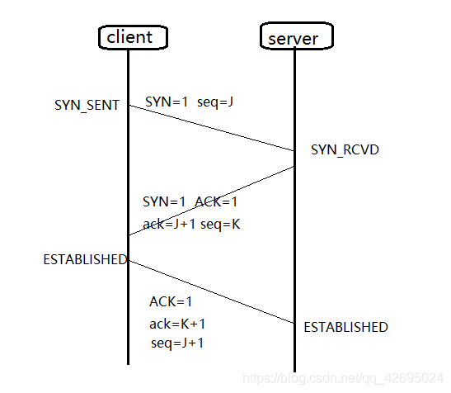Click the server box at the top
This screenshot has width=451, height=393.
click(294, 39)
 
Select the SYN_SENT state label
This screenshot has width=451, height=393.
click(87, 106)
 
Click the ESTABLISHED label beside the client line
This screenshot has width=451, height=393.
click(85, 259)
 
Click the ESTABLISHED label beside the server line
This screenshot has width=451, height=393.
click(345, 327)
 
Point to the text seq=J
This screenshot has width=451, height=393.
click(216, 102)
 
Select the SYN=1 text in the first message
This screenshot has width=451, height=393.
click(166, 102)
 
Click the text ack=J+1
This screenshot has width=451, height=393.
click(169, 224)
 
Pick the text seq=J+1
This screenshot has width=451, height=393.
click(176, 343)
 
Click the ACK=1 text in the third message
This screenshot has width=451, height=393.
click(171, 301)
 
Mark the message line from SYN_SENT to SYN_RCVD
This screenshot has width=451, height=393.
click(211, 128)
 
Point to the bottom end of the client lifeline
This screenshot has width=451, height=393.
click(129, 362)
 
